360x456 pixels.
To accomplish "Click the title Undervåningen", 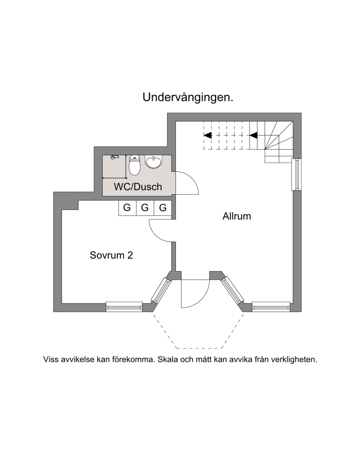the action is click(x=188, y=98).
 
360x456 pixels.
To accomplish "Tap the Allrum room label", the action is click(x=237, y=216).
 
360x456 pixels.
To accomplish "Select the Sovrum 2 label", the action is click(x=111, y=255).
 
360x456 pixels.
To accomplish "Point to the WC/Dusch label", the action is click(x=138, y=187).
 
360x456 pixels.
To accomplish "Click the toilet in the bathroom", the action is click(x=135, y=165).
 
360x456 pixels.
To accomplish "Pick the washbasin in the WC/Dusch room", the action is click(x=153, y=162).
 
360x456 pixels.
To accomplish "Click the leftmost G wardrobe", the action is click(x=127, y=208).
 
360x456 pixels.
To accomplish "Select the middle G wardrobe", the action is click(x=145, y=208).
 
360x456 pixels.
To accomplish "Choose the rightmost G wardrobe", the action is click(x=163, y=208).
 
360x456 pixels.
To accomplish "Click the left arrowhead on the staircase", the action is click(x=208, y=135).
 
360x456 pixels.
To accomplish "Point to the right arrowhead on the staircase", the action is click(x=253, y=135).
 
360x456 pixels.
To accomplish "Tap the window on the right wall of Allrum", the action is click(x=297, y=174).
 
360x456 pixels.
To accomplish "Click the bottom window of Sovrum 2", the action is click(x=124, y=307).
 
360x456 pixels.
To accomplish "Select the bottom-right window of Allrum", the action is click(x=271, y=307).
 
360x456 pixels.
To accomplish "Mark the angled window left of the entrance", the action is click(x=160, y=290).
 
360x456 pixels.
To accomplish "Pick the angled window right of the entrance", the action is click(x=232, y=290).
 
